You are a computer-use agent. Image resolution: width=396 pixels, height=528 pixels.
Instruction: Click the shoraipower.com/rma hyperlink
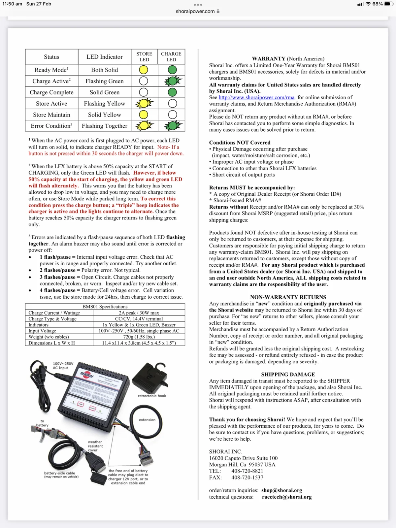click(256, 97)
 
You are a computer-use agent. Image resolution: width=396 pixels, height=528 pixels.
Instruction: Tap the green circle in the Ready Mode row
click(172, 70)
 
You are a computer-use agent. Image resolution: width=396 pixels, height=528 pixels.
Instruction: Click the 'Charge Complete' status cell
click(51, 92)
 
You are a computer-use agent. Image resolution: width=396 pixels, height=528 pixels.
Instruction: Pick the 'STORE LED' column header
click(144, 56)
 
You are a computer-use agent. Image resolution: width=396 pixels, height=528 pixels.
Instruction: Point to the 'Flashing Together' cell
click(104, 126)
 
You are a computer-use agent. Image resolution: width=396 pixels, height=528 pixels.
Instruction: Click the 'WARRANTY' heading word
click(268, 59)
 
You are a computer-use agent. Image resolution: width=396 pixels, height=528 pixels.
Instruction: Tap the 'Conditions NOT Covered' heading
click(240, 143)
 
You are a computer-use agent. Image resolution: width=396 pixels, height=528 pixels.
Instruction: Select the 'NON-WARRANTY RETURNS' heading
click(288, 297)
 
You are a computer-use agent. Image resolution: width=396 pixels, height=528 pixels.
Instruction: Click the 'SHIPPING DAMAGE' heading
click(288, 374)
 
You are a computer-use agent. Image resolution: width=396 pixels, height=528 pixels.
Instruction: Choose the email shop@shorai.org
click(281, 490)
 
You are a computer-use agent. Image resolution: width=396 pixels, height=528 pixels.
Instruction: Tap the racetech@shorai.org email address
click(286, 497)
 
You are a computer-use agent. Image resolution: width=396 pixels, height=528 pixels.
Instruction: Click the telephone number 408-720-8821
click(247, 471)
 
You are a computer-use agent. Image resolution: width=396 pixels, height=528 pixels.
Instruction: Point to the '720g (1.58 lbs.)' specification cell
click(139, 337)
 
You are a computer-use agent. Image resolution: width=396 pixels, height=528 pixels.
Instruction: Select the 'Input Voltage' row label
click(42, 331)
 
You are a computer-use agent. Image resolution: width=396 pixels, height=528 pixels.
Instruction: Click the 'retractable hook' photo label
click(152, 396)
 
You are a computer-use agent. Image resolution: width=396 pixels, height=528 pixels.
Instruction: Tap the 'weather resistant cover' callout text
click(95, 446)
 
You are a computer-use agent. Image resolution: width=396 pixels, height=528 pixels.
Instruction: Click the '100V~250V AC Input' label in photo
click(63, 366)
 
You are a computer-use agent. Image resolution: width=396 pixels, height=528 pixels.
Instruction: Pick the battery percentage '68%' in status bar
click(378, 4)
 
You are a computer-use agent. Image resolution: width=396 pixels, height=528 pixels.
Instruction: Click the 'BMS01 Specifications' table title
click(105, 307)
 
